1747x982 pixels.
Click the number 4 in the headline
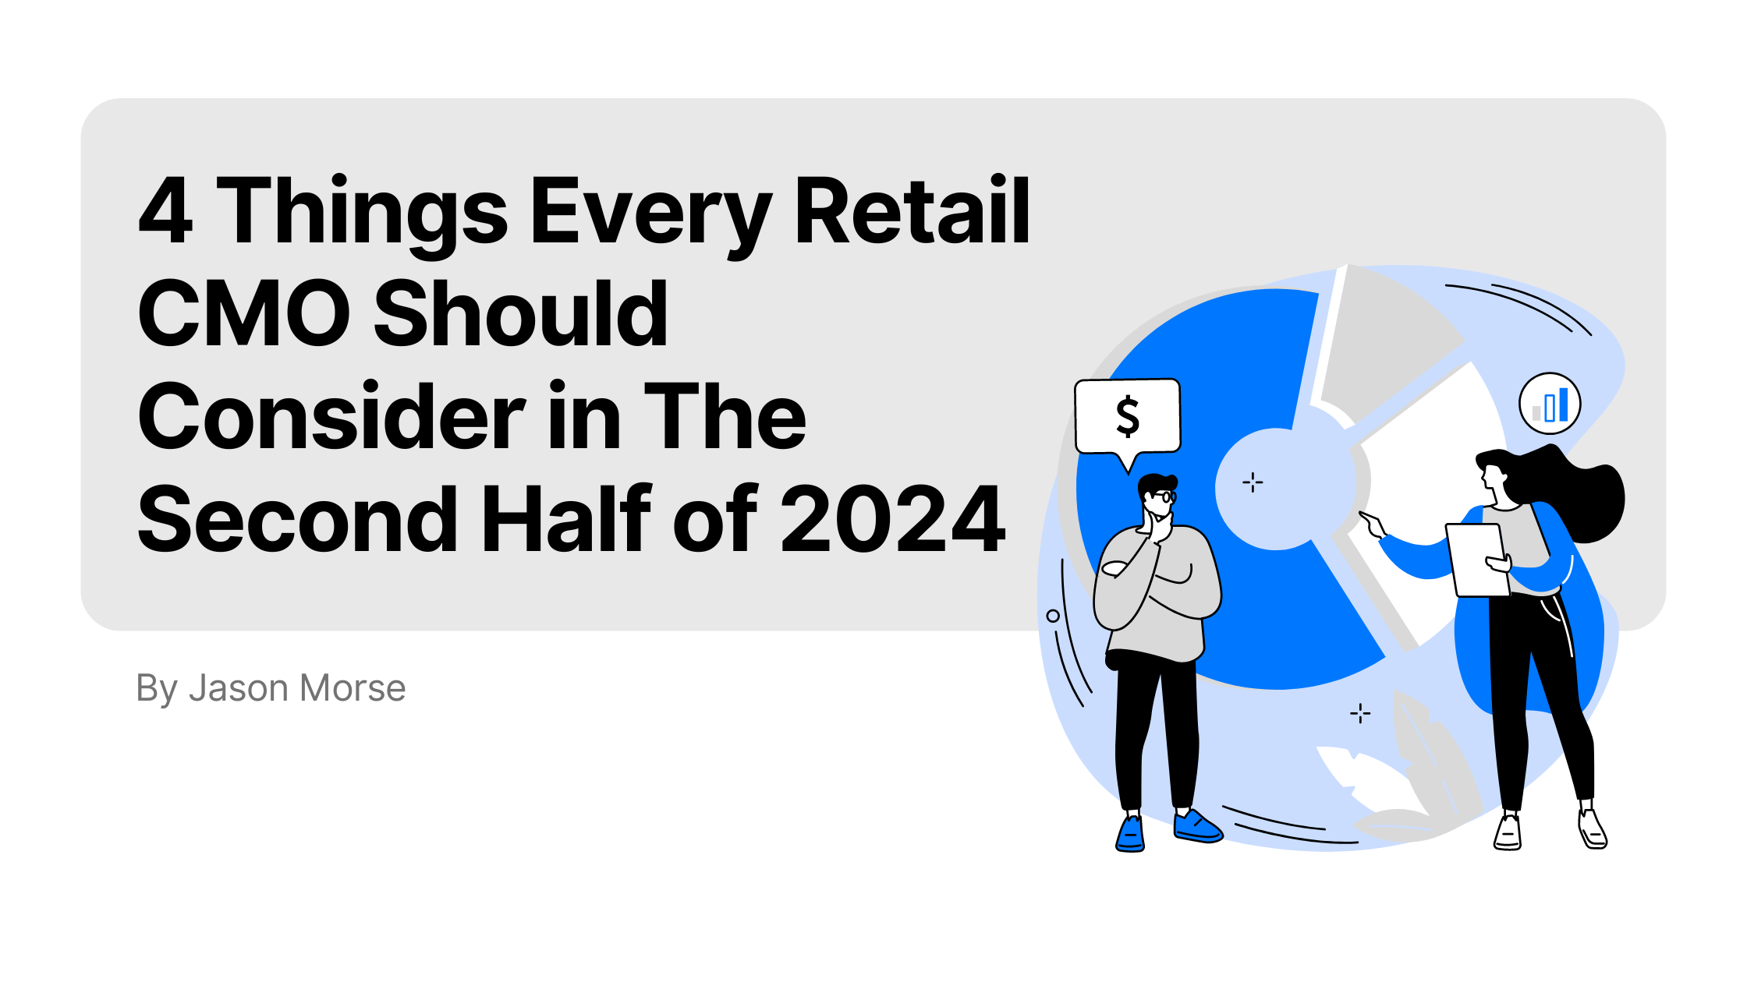click(165, 210)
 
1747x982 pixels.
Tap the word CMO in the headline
click(244, 313)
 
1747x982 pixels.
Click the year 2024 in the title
click(893, 519)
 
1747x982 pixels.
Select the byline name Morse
click(353, 688)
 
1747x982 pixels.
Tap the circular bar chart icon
click(1550, 404)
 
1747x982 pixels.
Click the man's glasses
click(1164, 496)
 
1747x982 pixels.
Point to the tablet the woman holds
click(1478, 560)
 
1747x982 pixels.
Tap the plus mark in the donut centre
click(1253, 483)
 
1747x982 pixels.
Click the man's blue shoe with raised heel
click(1197, 828)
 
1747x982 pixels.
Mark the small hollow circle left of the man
click(1053, 616)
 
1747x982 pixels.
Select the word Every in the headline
click(651, 214)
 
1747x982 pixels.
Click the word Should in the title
click(521, 313)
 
